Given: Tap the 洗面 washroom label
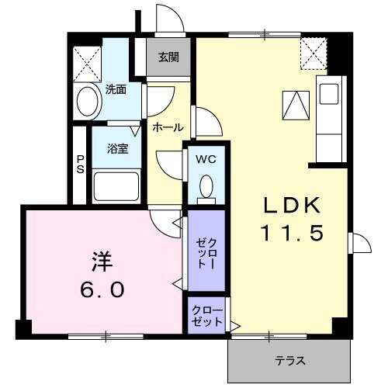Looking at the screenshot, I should (116, 89).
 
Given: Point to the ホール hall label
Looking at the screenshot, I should (168, 127).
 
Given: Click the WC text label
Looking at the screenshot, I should (206, 160).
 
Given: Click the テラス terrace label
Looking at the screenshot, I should (289, 361).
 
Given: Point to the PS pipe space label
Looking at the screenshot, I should (80, 164).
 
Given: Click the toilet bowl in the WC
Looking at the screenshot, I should (206, 188).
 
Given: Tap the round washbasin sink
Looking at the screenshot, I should (88, 101).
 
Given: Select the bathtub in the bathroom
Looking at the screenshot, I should (116, 186).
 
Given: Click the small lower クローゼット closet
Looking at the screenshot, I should (206, 316).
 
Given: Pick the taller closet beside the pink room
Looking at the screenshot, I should (206, 252).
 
